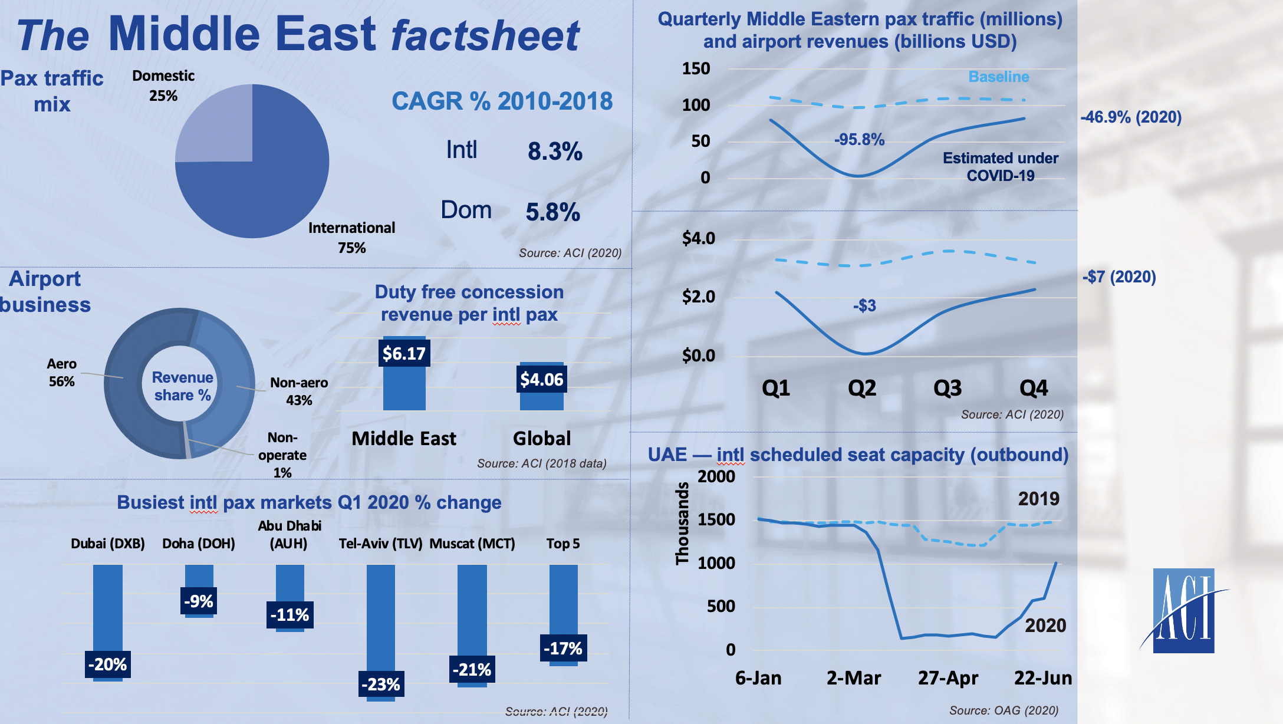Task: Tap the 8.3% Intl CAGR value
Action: click(555, 152)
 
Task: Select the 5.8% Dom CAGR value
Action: click(552, 212)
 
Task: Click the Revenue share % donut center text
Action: click(182, 386)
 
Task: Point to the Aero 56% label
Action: click(61, 373)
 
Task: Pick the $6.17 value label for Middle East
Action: click(404, 353)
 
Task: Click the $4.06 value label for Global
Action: click(541, 379)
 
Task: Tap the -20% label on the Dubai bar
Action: click(107, 664)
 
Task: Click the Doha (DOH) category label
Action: click(199, 544)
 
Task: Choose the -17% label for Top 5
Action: click(563, 649)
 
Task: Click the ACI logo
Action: click(1183, 610)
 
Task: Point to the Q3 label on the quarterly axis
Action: click(948, 388)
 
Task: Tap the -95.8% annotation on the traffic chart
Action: click(859, 140)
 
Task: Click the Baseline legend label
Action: click(999, 77)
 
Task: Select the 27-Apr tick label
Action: click(948, 678)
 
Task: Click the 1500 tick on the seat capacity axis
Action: click(716, 519)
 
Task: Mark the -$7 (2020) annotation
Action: click(1118, 277)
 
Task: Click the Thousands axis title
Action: click(682, 524)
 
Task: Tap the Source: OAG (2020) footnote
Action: click(1004, 710)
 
